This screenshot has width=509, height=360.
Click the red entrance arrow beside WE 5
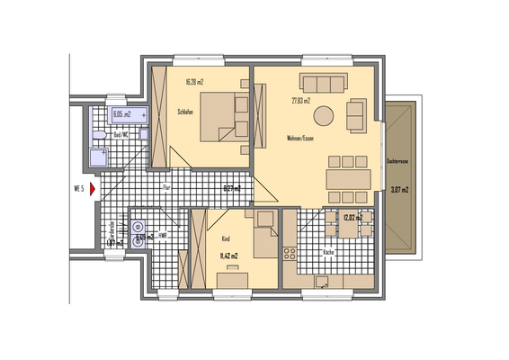[x=92, y=189]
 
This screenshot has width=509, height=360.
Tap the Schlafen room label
[x=188, y=112]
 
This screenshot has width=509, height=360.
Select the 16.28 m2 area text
[x=194, y=83]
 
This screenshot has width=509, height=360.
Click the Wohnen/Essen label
[x=299, y=138]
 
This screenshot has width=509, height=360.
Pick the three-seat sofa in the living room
[x=323, y=84]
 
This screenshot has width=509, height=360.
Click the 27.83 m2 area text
[x=300, y=101]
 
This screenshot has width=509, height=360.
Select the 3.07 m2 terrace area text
[x=399, y=190]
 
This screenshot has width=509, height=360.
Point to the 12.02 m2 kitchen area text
[x=353, y=217]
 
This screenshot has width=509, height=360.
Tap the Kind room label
[x=226, y=238]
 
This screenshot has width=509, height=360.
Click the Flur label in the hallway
[x=166, y=186]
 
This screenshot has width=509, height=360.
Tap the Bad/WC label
[x=121, y=130]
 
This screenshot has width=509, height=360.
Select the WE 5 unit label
[x=78, y=189]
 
